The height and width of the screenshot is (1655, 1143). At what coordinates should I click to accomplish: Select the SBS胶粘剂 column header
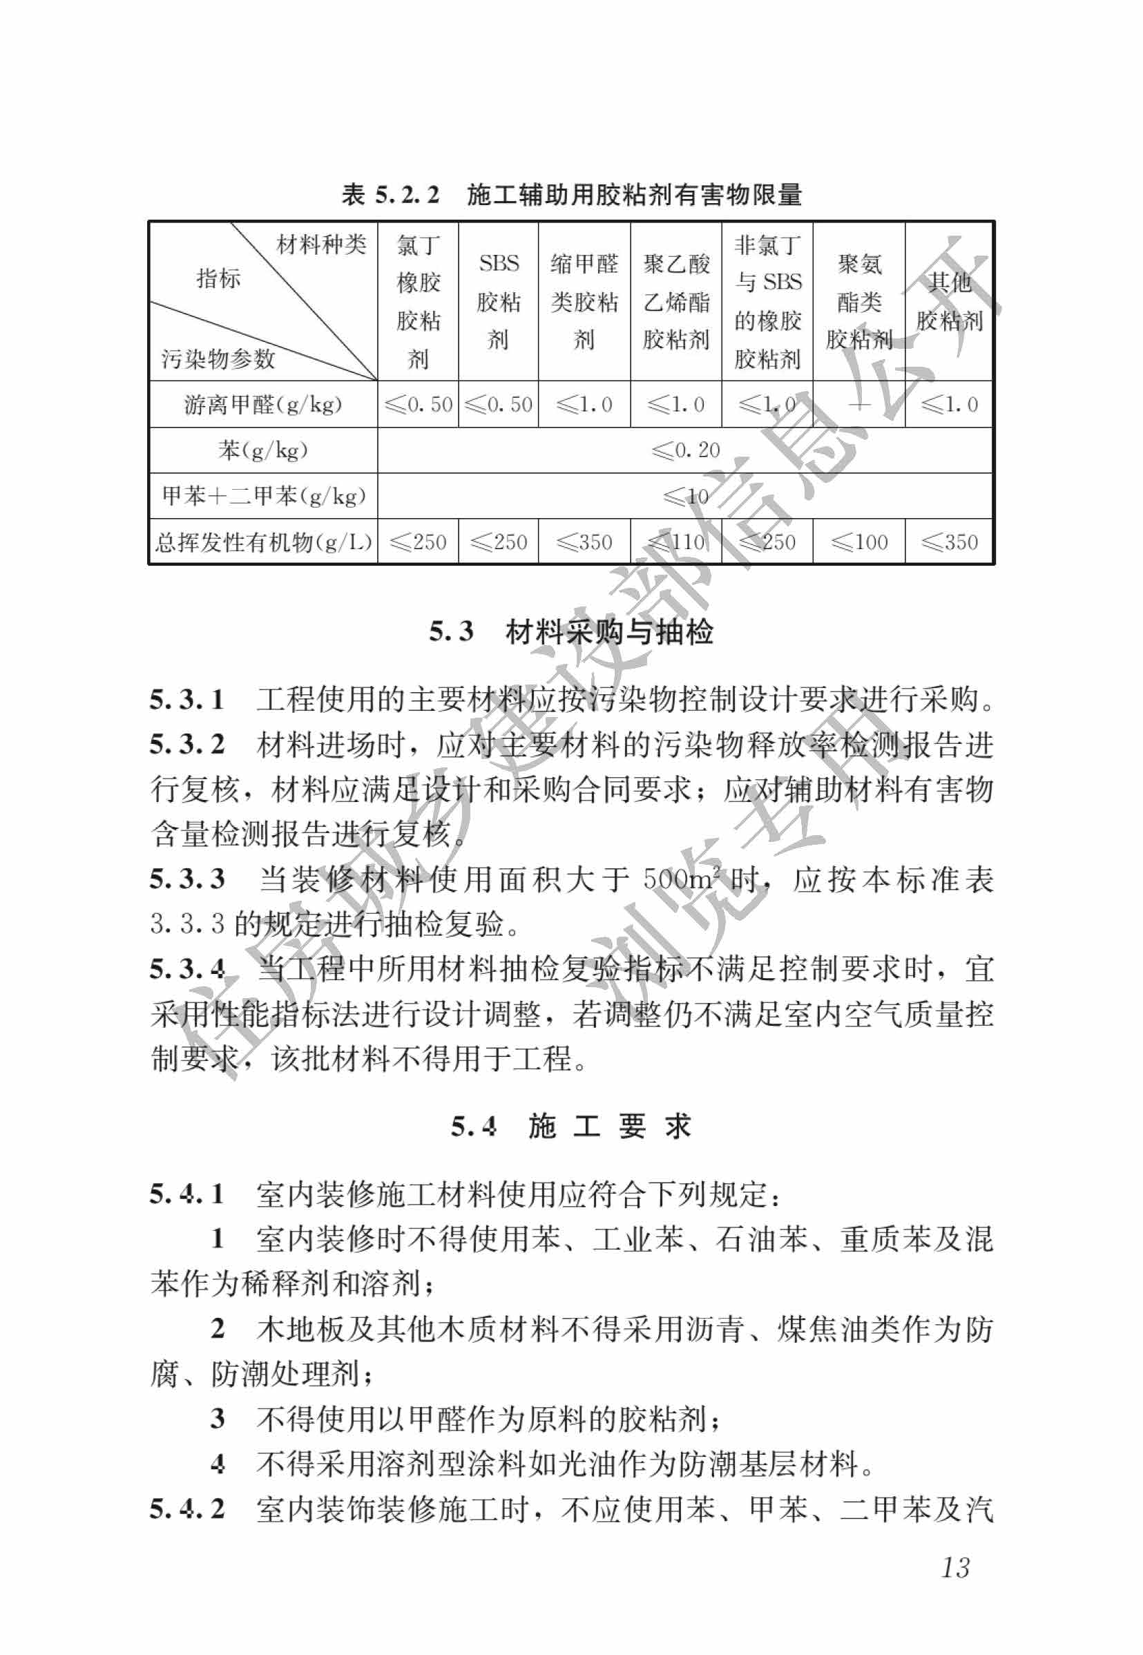(499, 300)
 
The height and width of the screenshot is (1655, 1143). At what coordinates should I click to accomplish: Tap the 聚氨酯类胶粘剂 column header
(858, 300)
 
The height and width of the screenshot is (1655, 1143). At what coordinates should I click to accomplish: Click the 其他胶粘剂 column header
(949, 300)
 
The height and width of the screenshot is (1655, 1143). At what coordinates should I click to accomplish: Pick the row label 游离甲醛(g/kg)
(263, 405)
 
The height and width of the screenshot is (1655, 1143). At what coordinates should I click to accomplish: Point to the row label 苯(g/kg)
(263, 450)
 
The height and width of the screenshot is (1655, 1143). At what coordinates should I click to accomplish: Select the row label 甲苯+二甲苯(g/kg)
(263, 495)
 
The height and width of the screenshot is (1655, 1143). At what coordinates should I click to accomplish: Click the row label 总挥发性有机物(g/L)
(263, 542)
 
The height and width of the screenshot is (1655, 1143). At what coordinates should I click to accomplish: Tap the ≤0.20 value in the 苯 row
(685, 450)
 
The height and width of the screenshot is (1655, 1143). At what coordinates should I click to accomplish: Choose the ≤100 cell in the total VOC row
(858, 542)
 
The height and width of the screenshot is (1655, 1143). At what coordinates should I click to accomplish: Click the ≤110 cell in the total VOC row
(676, 542)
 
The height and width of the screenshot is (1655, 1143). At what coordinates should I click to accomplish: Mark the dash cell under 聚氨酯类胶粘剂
(858, 405)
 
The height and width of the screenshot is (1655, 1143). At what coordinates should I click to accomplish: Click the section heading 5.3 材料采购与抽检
(570, 631)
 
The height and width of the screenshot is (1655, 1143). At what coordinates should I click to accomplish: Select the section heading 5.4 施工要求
(570, 1127)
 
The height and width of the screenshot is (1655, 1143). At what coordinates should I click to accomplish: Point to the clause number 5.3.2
(187, 745)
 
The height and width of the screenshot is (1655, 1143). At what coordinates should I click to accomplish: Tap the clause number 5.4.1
(187, 1194)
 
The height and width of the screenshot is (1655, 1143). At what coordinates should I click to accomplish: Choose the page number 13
(955, 1568)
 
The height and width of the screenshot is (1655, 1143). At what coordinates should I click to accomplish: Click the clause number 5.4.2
(187, 1509)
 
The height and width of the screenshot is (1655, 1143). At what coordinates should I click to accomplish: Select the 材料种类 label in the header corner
(321, 245)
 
